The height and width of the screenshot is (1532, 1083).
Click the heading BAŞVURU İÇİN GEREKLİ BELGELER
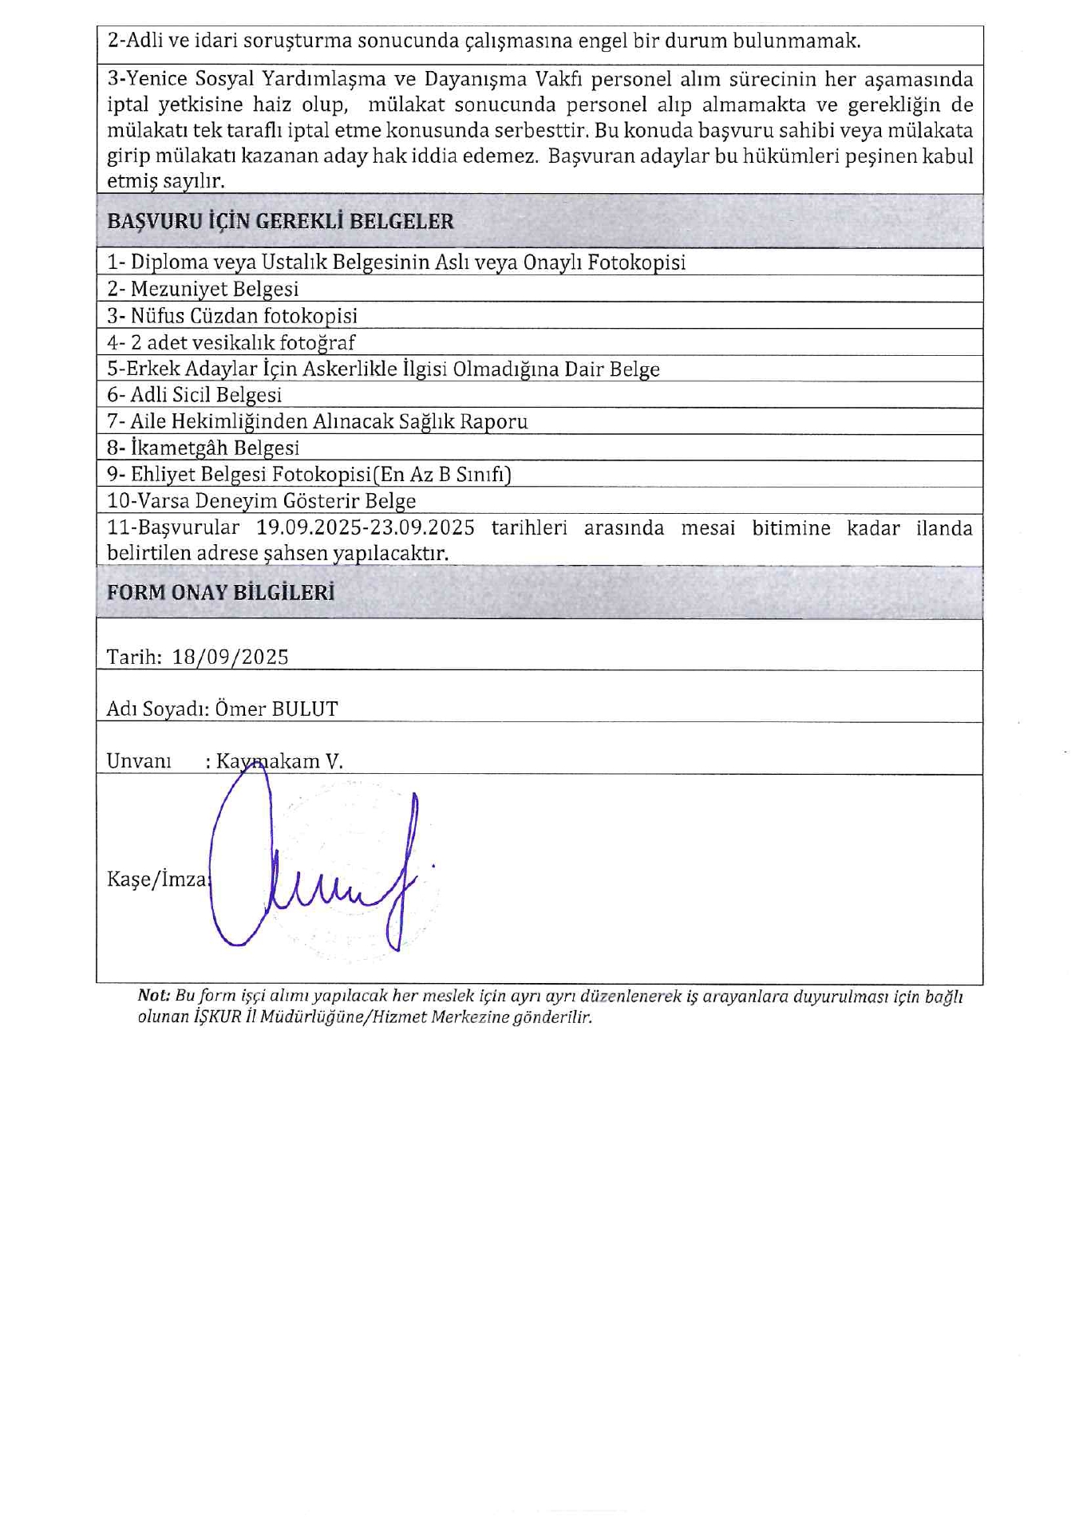pyautogui.click(x=280, y=221)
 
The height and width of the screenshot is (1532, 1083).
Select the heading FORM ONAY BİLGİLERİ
pyautogui.click(x=220, y=592)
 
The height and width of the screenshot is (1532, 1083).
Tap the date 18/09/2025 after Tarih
pyautogui.click(x=231, y=657)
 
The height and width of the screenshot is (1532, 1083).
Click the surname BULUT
pyautogui.click(x=305, y=709)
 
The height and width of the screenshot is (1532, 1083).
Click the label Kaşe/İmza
pyautogui.click(x=157, y=879)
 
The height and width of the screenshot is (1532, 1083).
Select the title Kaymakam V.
pyautogui.click(x=279, y=761)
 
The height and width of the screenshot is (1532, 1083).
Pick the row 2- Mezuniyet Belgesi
pyautogui.click(x=203, y=289)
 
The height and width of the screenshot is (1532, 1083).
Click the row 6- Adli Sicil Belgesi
pyautogui.click(x=195, y=395)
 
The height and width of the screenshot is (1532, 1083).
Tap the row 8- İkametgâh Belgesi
pyautogui.click(x=204, y=448)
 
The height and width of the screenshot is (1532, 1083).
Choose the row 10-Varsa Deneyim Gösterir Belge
pyautogui.click(x=262, y=501)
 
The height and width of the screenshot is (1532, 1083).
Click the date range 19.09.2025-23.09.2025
pyautogui.click(x=366, y=527)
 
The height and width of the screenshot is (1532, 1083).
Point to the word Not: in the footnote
pyautogui.click(x=154, y=995)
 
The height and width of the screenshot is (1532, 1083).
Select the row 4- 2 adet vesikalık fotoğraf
pyautogui.click(x=231, y=342)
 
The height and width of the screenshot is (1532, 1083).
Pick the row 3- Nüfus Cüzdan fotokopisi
pyautogui.click(x=232, y=316)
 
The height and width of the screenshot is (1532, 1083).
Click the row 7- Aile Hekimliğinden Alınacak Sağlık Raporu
pyautogui.click(x=318, y=421)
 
